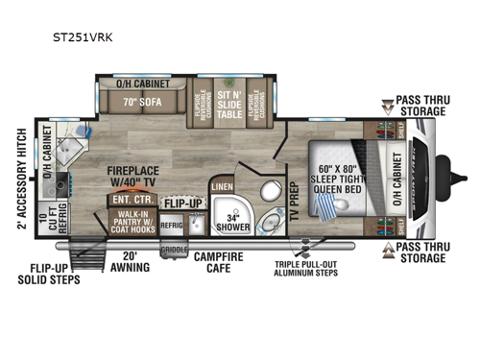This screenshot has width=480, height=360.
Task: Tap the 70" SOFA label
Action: pyautogui.click(x=143, y=98)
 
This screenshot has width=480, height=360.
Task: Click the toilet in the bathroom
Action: pyautogui.click(x=271, y=189)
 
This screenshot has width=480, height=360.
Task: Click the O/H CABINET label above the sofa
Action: pyautogui.click(x=143, y=84)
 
